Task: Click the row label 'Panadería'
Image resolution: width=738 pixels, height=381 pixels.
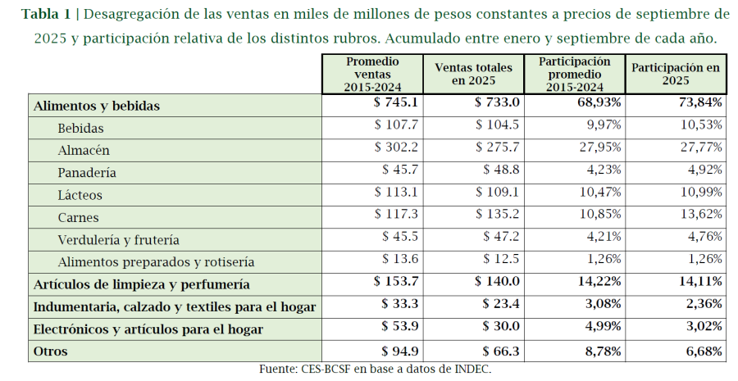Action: [x=87, y=173]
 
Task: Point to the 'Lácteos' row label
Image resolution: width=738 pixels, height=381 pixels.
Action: [x=80, y=195]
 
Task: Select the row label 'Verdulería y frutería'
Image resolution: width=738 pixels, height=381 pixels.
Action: [x=118, y=240]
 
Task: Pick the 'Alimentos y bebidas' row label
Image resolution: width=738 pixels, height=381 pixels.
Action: [x=96, y=106]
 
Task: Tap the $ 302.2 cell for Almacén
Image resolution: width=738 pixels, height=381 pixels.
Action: [x=396, y=149]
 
